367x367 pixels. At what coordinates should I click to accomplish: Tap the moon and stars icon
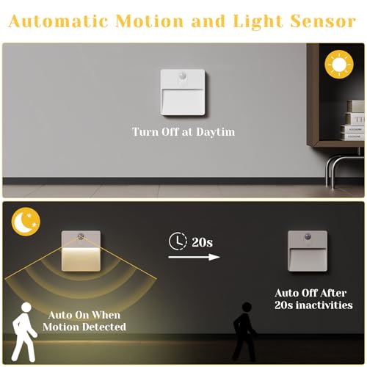coord(26,220)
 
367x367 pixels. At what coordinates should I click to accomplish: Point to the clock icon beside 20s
coord(175,240)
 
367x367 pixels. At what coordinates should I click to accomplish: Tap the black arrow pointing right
coord(193,257)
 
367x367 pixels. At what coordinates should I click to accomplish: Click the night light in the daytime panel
coord(182,94)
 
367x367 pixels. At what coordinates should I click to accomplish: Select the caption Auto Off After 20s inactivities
coord(313,299)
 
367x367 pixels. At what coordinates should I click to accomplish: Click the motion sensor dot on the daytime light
coord(182,76)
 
